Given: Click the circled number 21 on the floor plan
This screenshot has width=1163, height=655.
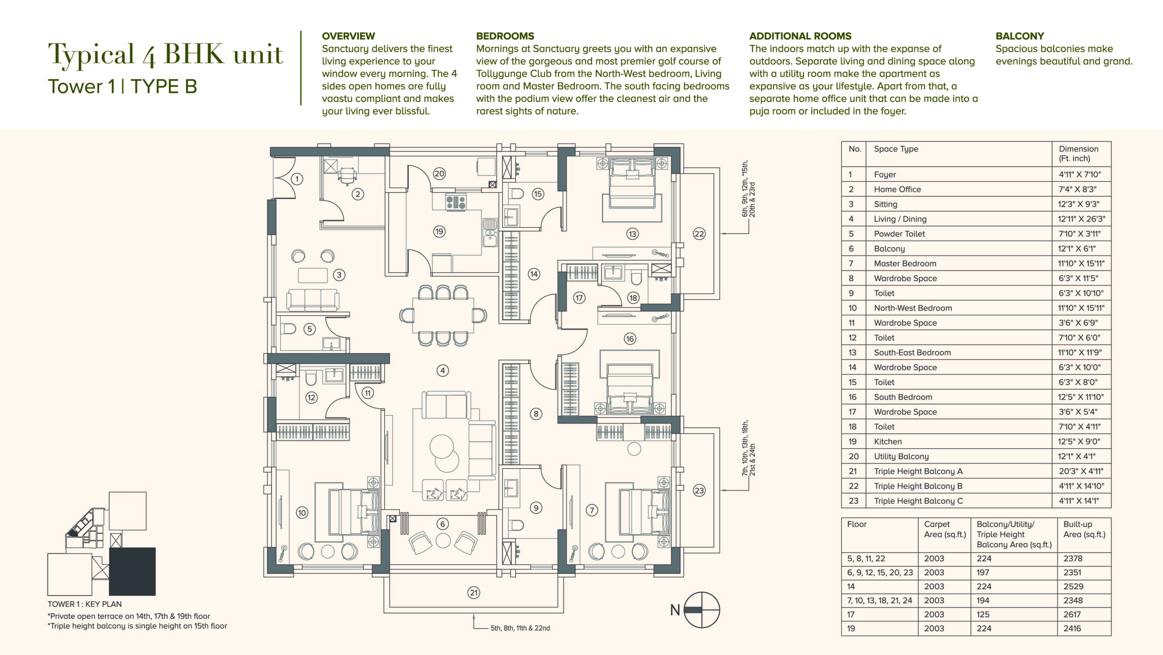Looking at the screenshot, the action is click(x=474, y=593).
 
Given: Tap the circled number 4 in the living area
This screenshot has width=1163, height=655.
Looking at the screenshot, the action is click(x=442, y=370).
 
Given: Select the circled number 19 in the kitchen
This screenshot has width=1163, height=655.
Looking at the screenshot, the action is click(x=439, y=232).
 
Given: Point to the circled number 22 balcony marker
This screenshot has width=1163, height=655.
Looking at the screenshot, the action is click(x=699, y=234).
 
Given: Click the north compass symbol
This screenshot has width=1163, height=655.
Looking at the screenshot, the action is click(x=702, y=610).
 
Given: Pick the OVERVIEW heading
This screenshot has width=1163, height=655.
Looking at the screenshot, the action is click(x=348, y=36).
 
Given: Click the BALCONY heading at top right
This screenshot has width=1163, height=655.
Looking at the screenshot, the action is click(x=1020, y=36).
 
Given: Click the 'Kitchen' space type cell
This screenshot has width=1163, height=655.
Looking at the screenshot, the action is click(x=887, y=441).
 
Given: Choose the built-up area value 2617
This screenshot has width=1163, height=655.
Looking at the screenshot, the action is click(x=1072, y=614).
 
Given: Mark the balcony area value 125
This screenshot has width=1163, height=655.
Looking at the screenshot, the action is click(x=983, y=614).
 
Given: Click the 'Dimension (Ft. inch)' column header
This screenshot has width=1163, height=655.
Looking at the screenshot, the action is click(x=1079, y=153).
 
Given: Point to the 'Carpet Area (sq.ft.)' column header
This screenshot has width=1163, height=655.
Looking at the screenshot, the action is click(x=945, y=529).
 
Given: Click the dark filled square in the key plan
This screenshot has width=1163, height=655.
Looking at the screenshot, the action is click(x=132, y=571).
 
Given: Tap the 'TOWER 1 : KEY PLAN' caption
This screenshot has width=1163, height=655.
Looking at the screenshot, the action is click(x=84, y=604).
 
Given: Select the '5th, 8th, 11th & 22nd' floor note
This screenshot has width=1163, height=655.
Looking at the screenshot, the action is click(x=520, y=628).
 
